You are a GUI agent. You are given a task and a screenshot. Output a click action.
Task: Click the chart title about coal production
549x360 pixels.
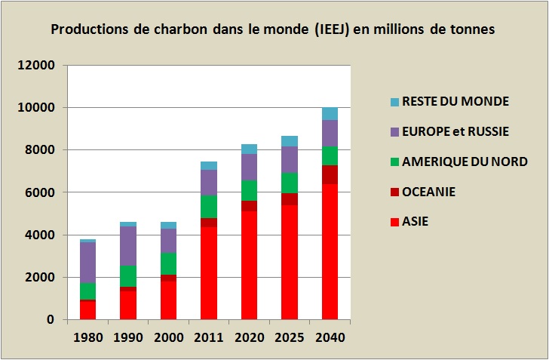point(273,30)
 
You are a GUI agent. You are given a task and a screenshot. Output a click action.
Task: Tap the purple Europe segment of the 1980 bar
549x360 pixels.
point(87,262)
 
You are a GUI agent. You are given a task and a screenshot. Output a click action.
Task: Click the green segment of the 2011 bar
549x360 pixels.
point(209,206)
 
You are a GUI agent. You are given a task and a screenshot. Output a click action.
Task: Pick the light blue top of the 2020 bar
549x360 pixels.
point(249,149)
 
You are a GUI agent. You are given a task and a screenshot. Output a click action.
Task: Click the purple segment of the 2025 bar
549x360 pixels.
point(290,159)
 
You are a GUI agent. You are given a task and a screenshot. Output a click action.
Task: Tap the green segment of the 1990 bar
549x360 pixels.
point(128,275)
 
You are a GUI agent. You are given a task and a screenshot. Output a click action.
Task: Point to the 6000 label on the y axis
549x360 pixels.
point(43,192)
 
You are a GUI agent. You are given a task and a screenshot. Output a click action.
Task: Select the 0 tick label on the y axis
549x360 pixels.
point(52,319)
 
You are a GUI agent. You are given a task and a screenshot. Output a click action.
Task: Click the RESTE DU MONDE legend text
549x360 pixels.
point(455,101)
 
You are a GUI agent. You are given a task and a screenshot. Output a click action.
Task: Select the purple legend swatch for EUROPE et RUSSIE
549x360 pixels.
point(394,132)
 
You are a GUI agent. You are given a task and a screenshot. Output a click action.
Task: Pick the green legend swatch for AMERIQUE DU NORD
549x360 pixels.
point(394,162)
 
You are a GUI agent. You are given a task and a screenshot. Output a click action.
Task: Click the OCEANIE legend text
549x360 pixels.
point(428,192)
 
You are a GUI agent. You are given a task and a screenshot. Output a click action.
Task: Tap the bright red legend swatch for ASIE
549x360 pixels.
point(394,222)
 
